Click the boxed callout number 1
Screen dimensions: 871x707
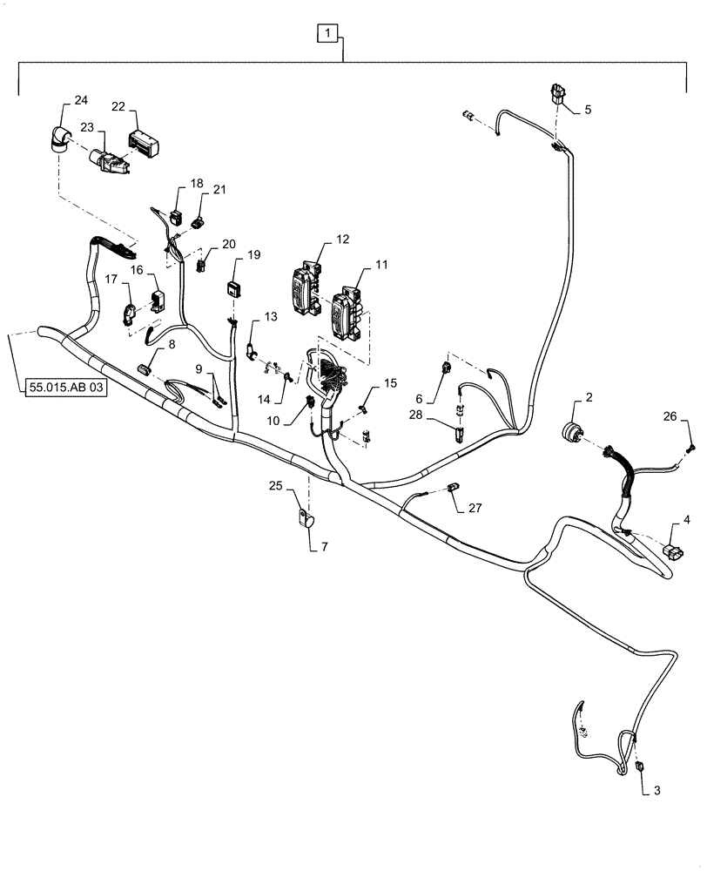[x=327, y=35]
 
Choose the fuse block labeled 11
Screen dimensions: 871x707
[x=347, y=309]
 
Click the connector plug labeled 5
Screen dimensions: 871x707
[x=558, y=93]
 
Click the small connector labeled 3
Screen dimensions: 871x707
[x=638, y=766]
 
